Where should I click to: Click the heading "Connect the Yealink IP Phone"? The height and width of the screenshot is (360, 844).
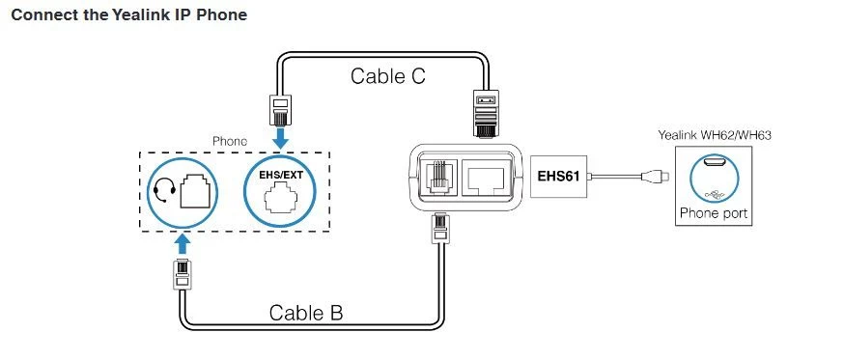[x=128, y=15]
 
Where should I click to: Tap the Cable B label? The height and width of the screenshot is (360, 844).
[x=306, y=313]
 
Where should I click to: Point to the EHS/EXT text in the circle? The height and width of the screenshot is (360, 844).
[x=279, y=175]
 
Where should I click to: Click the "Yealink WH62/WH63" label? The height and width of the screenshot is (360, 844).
[x=715, y=135]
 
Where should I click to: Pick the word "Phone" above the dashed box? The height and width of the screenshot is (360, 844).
[x=230, y=141]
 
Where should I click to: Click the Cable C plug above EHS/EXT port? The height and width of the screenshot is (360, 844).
[x=279, y=110]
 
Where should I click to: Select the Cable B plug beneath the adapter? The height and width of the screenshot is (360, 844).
[x=438, y=229]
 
